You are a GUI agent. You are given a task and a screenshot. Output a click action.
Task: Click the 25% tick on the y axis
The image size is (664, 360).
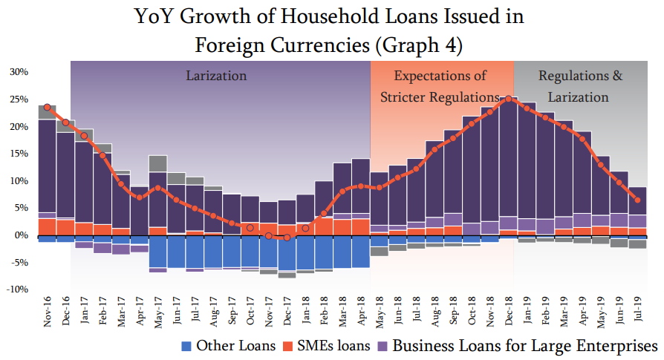coord(19,99)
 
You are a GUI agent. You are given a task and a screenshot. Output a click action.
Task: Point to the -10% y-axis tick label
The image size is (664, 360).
coord(18,289)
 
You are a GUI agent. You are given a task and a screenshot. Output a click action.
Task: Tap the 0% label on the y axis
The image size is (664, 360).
coord(22,235)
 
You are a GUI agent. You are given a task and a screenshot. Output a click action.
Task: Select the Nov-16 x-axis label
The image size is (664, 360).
coord(47,312)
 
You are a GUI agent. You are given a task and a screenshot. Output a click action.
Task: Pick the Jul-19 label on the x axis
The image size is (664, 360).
coord(637,312)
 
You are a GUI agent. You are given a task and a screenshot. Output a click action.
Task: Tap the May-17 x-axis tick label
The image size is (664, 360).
coord(157,312)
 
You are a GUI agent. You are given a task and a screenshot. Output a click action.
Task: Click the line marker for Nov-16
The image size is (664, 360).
coord(48,107)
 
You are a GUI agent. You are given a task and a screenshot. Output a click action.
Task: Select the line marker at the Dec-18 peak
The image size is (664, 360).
coord(509,99)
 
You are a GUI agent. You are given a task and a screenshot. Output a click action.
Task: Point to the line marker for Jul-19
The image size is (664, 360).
coord(638,200)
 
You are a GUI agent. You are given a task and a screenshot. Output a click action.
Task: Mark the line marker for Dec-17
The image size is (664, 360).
coord(287,238)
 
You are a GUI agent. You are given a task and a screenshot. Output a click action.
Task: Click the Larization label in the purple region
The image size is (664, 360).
coord(216,76)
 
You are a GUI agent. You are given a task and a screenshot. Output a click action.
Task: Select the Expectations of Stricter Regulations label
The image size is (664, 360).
coord(440,86)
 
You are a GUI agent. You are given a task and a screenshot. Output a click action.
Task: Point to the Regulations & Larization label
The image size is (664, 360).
coord(580,86)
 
